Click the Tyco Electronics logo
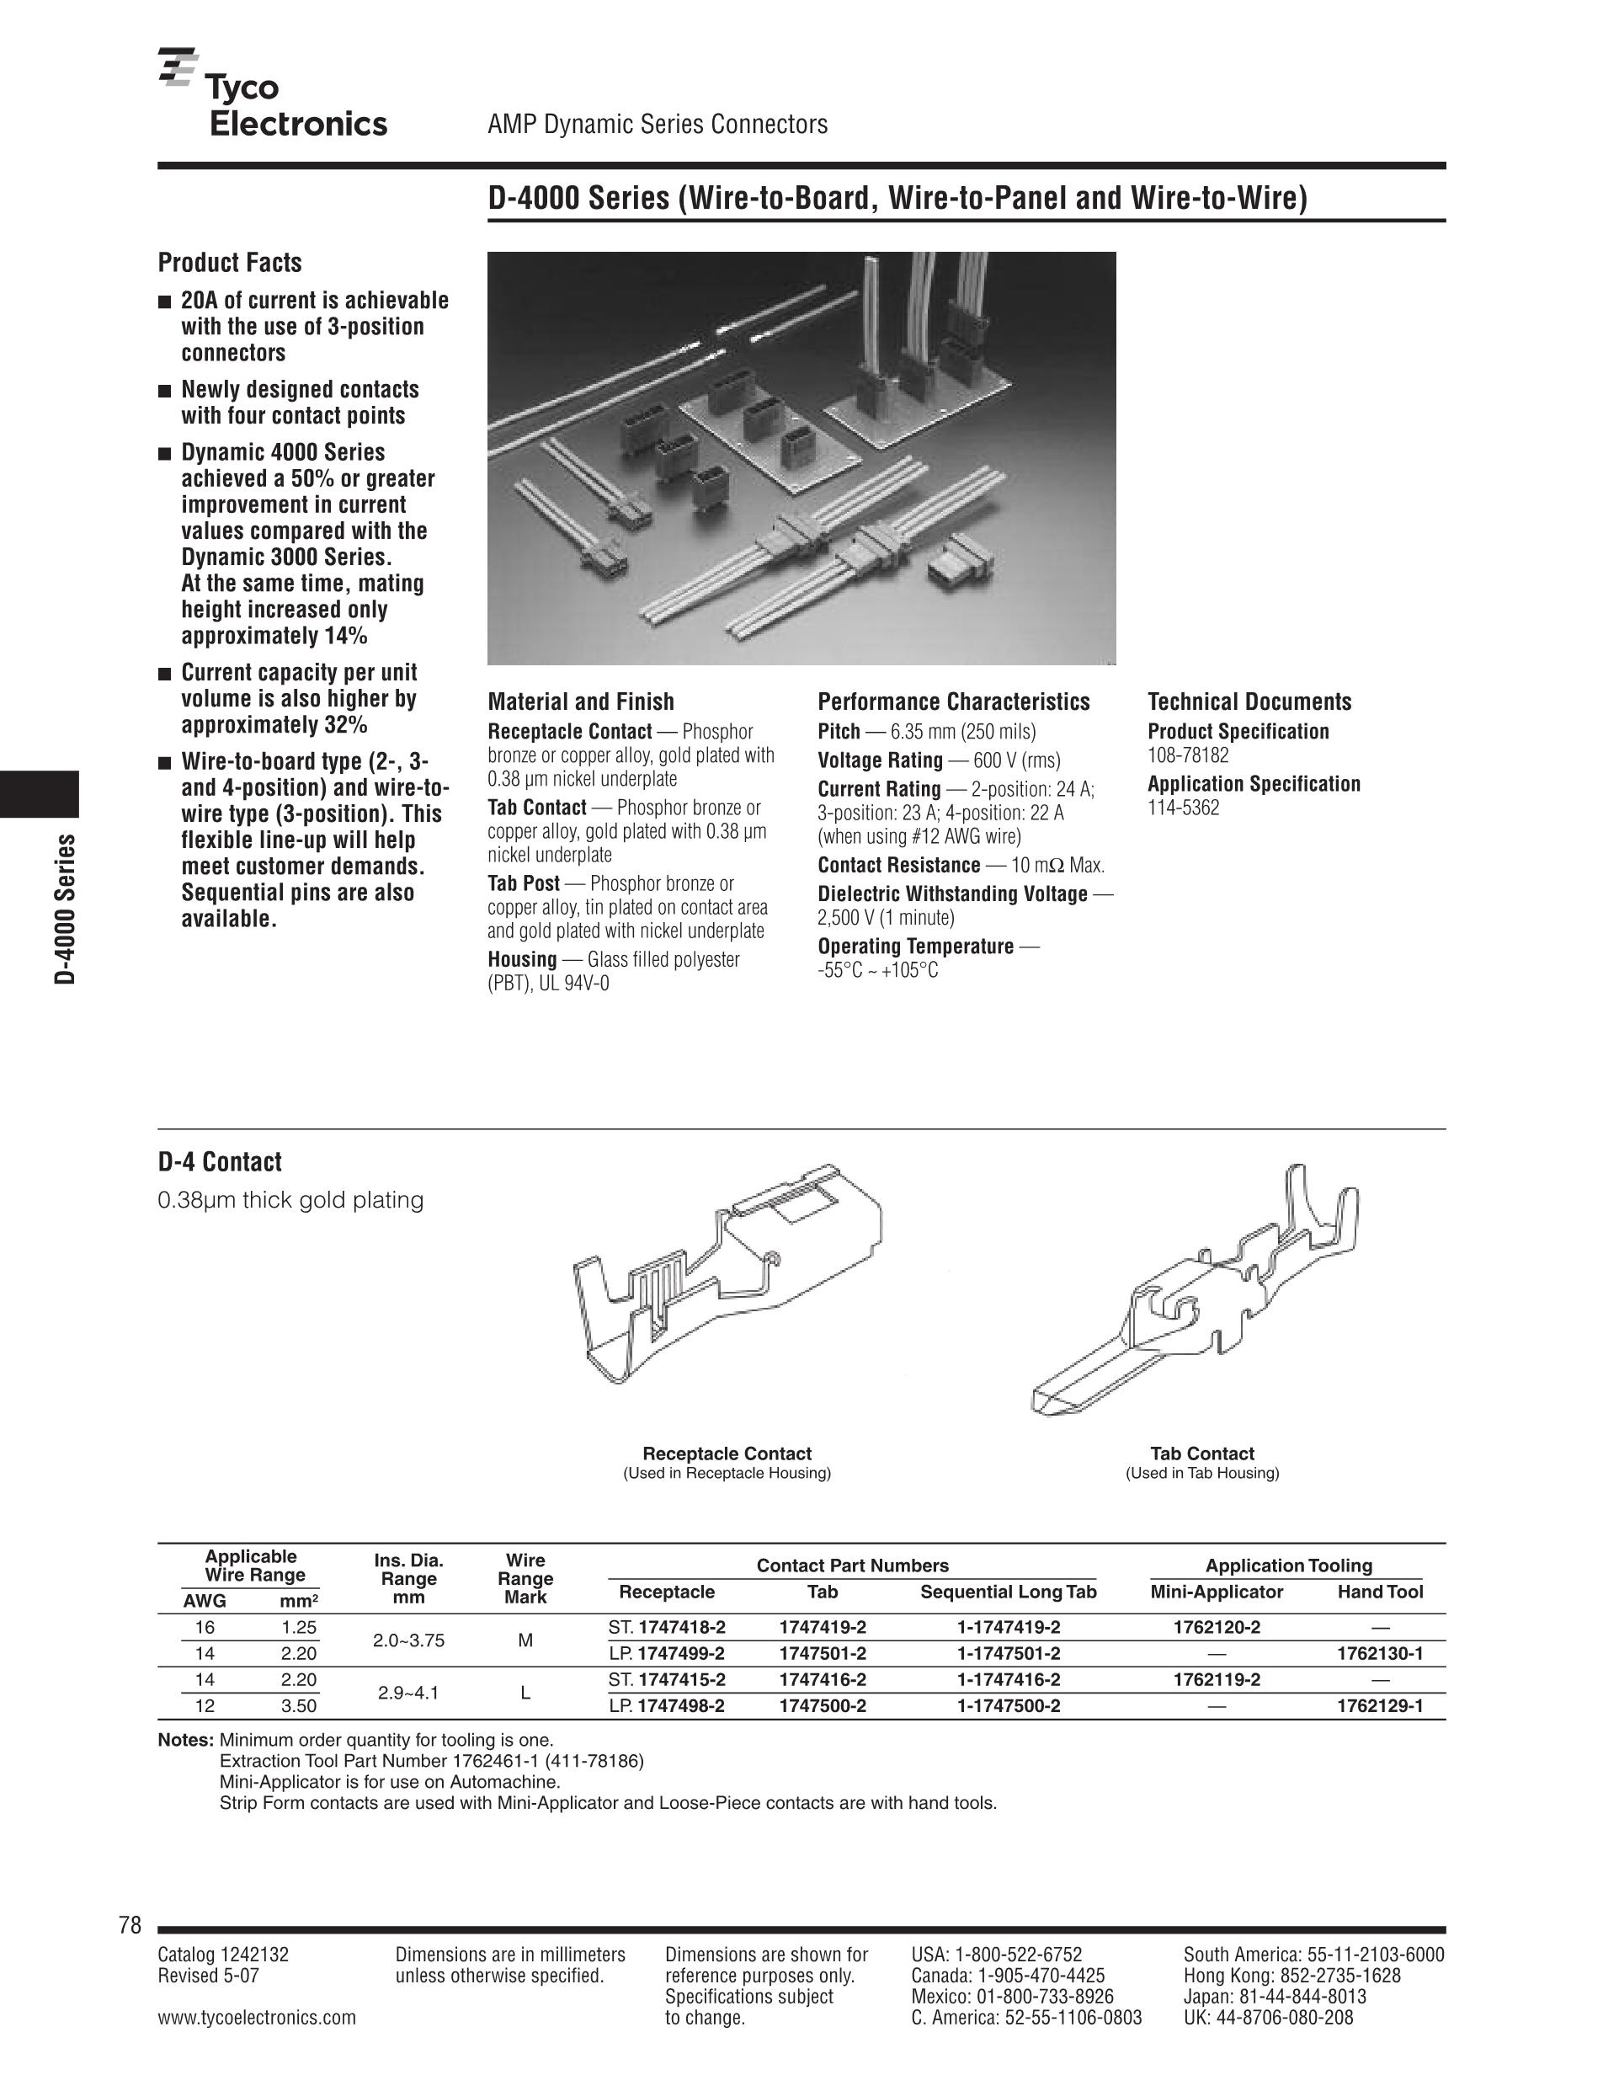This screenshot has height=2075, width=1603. (x=274, y=92)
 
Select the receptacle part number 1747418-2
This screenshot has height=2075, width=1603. (x=682, y=1626)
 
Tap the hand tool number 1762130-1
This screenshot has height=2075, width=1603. (x=1380, y=1653)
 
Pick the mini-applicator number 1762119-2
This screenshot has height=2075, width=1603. (x=1217, y=1680)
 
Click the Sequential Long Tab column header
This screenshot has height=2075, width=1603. (x=1008, y=1592)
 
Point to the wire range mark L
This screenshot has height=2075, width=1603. (x=525, y=1693)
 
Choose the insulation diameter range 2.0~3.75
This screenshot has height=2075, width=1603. (x=408, y=1640)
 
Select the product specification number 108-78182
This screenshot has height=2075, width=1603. (x=1188, y=755)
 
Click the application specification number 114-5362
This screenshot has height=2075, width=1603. (x=1183, y=808)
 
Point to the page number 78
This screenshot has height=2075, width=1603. (x=130, y=1925)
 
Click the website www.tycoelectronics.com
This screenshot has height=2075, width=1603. (x=257, y=2017)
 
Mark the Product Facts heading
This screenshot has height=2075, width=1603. (x=230, y=262)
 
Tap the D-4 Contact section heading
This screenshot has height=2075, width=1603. (x=220, y=1162)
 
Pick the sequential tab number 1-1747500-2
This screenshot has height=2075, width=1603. (x=1009, y=1705)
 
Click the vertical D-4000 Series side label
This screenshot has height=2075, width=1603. (x=65, y=909)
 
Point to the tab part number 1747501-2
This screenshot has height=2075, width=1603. (x=823, y=1653)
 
